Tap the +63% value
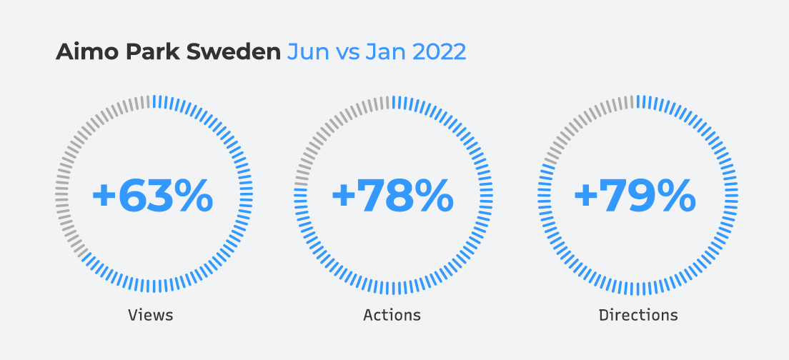[x=152, y=196]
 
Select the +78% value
[x=392, y=196]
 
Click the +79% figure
[x=635, y=196]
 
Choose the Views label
[x=150, y=315]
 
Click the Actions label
[x=392, y=315]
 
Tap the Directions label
[x=638, y=315]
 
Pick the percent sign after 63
[x=191, y=196]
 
